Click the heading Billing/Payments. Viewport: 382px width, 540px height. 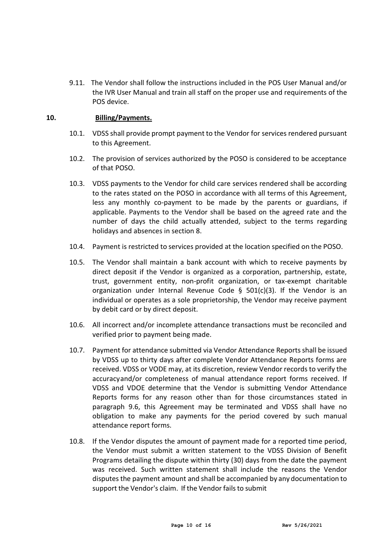pyautogui.click(x=123, y=118)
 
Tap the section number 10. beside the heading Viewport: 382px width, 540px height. pyautogui.click(x=51, y=118)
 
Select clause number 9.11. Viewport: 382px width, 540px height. pyautogui.click(x=77, y=83)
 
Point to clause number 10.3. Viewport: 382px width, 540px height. pyautogui.click(x=77, y=183)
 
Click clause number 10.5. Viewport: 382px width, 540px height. pyautogui.click(x=77, y=262)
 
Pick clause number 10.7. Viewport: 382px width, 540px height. pyautogui.click(x=77, y=350)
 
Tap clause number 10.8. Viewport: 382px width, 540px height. pyautogui.click(x=77, y=441)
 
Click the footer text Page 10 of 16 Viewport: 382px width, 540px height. pyautogui.click(x=191, y=525)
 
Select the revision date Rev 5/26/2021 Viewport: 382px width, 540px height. pyautogui.click(x=302, y=525)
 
